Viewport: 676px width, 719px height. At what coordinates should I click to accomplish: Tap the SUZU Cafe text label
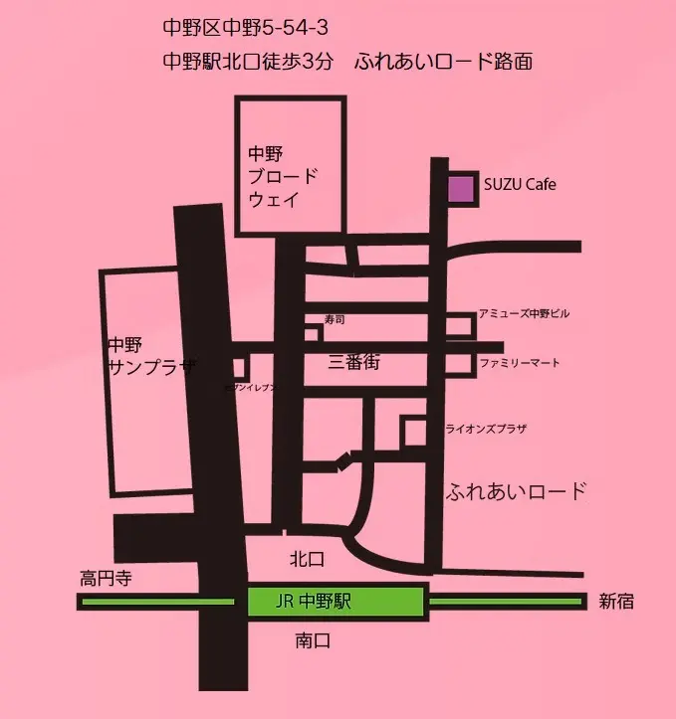520,185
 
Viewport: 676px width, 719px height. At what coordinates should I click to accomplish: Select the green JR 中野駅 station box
336,602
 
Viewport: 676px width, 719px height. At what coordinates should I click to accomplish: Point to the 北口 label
308,559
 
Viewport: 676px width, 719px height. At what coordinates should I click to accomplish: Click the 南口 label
313,641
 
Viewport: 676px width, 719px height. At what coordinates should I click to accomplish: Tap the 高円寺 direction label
107,578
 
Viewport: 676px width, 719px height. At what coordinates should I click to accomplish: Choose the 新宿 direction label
617,602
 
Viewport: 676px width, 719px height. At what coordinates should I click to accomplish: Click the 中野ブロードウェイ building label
283,177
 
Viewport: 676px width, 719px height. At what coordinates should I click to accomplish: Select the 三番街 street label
354,363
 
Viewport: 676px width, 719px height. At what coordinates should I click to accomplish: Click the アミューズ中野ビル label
525,314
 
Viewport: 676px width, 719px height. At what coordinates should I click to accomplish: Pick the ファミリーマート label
519,363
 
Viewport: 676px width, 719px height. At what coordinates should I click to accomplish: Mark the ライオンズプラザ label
487,429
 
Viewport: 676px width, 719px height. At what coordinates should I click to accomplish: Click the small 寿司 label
335,319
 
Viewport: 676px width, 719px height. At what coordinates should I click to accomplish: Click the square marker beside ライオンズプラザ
413,432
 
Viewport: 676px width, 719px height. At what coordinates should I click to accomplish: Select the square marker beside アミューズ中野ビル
459,325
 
